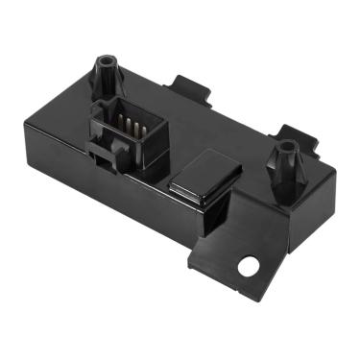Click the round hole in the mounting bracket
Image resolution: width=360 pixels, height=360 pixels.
(x=253, y=262)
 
